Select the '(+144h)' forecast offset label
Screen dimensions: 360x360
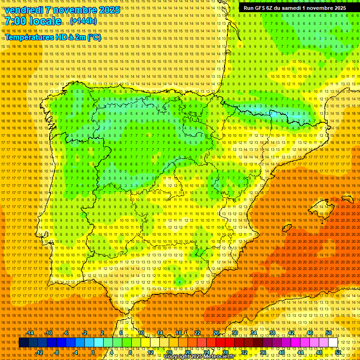tap(84, 21)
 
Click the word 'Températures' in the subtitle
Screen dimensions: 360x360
tap(29, 37)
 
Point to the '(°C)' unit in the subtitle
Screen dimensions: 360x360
tap(94, 37)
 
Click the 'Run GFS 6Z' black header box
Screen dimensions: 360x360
tap(294, 8)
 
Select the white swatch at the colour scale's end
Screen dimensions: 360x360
tap(333, 343)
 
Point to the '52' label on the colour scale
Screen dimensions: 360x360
tap(338, 352)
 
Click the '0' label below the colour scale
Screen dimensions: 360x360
tap(93, 352)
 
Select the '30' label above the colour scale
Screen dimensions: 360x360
tap(235, 333)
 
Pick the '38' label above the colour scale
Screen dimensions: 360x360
tap(272, 333)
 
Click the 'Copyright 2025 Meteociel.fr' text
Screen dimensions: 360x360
tap(199, 357)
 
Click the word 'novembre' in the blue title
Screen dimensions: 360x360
tap(75, 10)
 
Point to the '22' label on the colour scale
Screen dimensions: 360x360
tap(197, 333)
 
